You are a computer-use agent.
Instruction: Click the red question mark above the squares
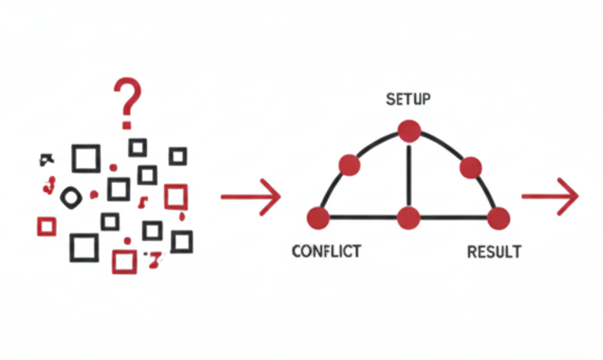click(x=127, y=98)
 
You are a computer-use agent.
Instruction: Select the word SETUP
click(x=408, y=99)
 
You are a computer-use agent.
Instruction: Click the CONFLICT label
click(x=326, y=251)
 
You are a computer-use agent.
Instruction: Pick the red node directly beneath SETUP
click(x=409, y=131)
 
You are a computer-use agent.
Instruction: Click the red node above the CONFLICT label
click(x=319, y=218)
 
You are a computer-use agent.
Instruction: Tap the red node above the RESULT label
click(x=498, y=218)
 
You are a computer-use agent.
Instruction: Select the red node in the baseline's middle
click(x=409, y=218)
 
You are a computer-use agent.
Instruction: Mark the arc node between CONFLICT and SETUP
click(x=350, y=165)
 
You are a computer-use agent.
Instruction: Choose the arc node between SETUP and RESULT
click(x=470, y=167)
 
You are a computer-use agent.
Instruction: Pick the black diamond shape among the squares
click(x=71, y=198)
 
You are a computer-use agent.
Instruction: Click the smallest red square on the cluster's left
click(x=46, y=226)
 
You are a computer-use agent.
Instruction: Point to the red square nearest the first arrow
click(x=176, y=196)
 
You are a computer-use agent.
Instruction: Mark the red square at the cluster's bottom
click(x=124, y=262)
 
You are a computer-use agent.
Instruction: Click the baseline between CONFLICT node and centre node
click(x=363, y=218)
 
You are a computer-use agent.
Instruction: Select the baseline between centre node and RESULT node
click(x=454, y=218)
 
